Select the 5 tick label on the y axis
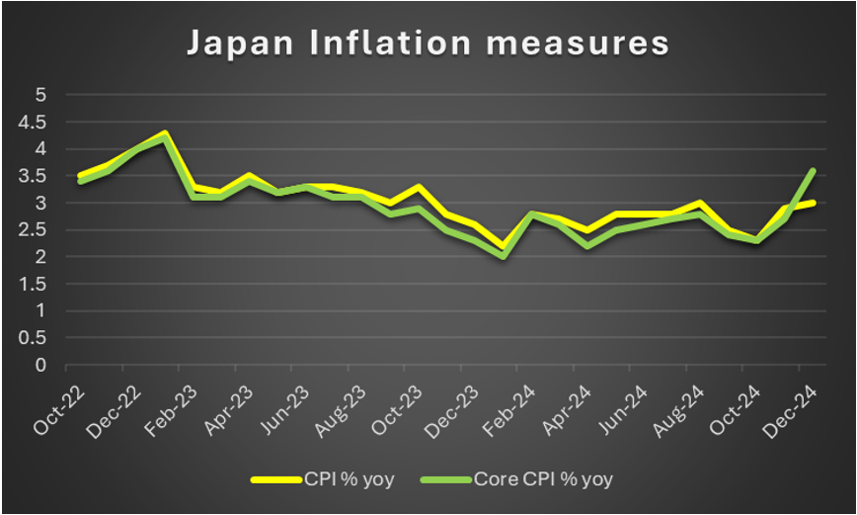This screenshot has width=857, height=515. pyautogui.click(x=40, y=95)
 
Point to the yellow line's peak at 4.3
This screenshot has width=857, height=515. pyautogui.click(x=165, y=132)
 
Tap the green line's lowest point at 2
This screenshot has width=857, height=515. pyautogui.click(x=506, y=256)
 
